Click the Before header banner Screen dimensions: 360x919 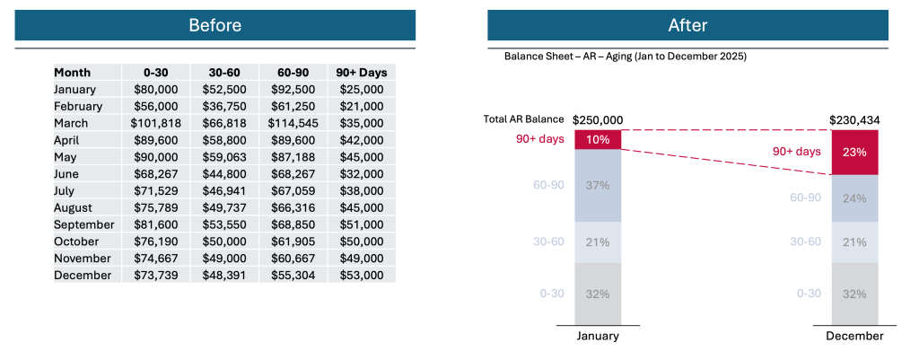click(x=214, y=25)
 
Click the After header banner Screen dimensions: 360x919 click(x=687, y=25)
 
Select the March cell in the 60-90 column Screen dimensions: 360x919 click(x=293, y=123)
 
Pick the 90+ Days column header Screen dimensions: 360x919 click(x=362, y=72)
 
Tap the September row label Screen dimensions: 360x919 click(x=83, y=224)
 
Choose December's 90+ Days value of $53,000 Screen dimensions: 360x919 click(x=362, y=275)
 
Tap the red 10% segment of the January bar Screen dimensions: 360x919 click(x=598, y=139)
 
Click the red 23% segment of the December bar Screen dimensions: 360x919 click(x=854, y=153)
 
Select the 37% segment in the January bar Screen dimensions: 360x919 click(x=598, y=185)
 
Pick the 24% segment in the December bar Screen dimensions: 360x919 click(x=854, y=198)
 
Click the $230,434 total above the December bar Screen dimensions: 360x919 click(x=854, y=119)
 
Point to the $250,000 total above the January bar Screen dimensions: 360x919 click(x=598, y=119)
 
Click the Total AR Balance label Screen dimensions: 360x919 click(x=523, y=119)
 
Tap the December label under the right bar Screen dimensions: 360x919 click(x=854, y=336)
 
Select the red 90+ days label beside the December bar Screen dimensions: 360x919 click(x=796, y=152)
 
